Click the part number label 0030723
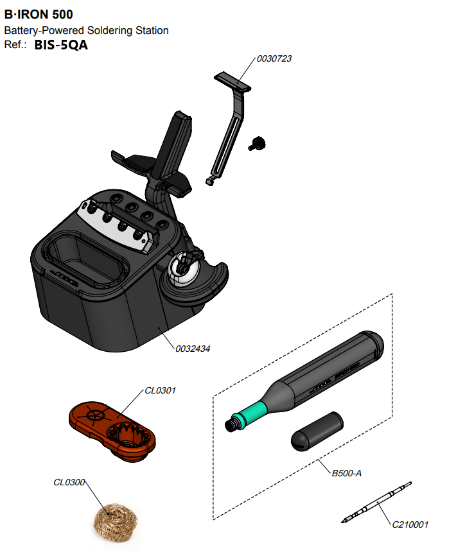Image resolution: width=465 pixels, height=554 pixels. tap(274, 58)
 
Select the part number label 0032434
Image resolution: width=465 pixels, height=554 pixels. tap(193, 349)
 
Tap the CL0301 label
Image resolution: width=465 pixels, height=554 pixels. tap(160, 390)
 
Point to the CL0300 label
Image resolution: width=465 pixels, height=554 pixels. tap(69, 482)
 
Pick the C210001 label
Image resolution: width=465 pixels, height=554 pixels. tap(410, 524)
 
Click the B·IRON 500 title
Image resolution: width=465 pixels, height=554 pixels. tap(39, 14)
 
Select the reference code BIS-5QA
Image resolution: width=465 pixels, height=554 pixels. tap(61, 46)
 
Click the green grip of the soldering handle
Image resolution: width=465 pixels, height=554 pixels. tap(251, 410)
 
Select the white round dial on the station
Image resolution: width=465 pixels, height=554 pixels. tap(182, 269)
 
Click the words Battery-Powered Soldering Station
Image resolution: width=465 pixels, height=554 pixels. tap(86, 31)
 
